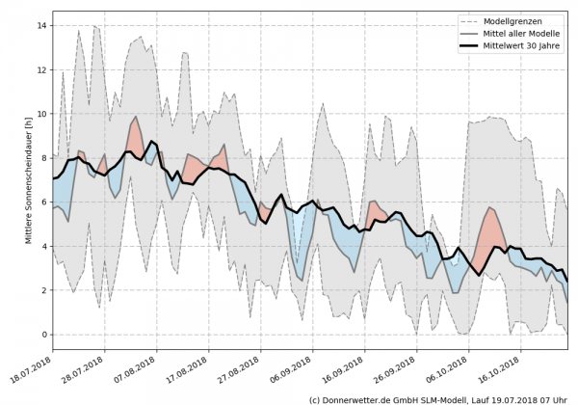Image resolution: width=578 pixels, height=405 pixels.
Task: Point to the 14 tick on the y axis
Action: click(x=42, y=26)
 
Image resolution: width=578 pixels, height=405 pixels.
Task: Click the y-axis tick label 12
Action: click(x=42, y=70)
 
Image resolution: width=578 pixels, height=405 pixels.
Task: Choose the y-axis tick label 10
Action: click(x=42, y=114)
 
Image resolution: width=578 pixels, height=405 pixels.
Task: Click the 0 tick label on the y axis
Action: click(x=44, y=335)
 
